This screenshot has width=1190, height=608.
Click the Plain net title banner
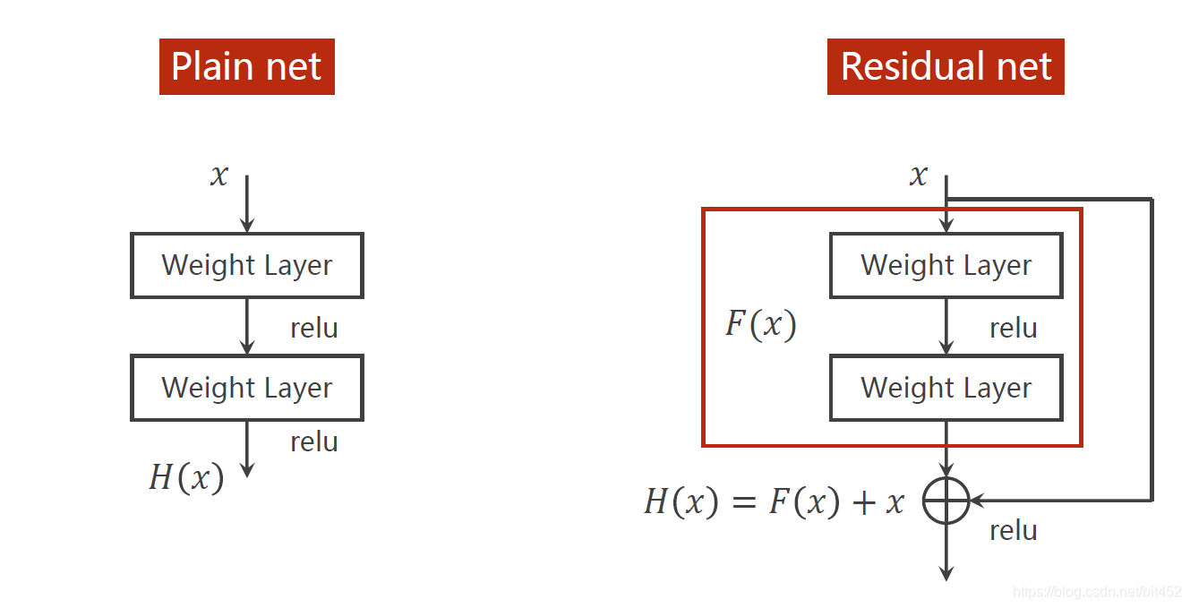click(x=246, y=66)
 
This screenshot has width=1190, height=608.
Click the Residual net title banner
click(x=946, y=66)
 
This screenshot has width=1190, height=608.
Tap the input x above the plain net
click(x=219, y=175)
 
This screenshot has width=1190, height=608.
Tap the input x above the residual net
click(x=918, y=175)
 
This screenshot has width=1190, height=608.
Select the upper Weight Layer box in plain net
click(x=247, y=265)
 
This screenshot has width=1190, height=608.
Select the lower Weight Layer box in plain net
click(x=247, y=388)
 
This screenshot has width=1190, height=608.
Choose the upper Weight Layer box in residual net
click(x=946, y=265)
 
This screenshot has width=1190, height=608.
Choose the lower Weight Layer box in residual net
click(x=946, y=388)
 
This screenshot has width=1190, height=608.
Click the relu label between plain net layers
click(x=314, y=328)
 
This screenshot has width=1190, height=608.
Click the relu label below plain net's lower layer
click(x=314, y=441)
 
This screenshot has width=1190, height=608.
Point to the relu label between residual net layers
click(x=1014, y=328)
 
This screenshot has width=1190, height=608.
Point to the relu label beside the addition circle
click(x=1014, y=530)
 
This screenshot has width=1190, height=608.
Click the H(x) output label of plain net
click(x=186, y=477)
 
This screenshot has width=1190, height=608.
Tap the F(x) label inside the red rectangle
click(x=760, y=324)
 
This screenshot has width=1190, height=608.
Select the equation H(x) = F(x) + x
click(x=774, y=502)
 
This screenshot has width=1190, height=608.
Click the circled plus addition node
click(x=946, y=500)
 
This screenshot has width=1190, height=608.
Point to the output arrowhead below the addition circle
click(x=946, y=573)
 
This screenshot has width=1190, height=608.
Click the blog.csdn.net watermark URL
click(x=1097, y=592)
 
